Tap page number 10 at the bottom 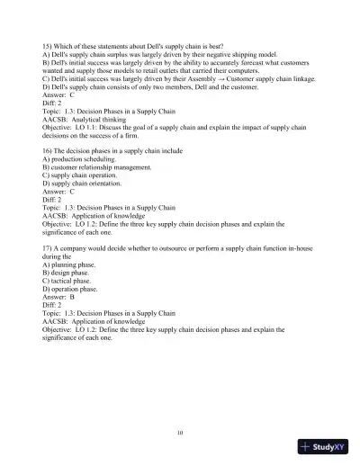(180, 432)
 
